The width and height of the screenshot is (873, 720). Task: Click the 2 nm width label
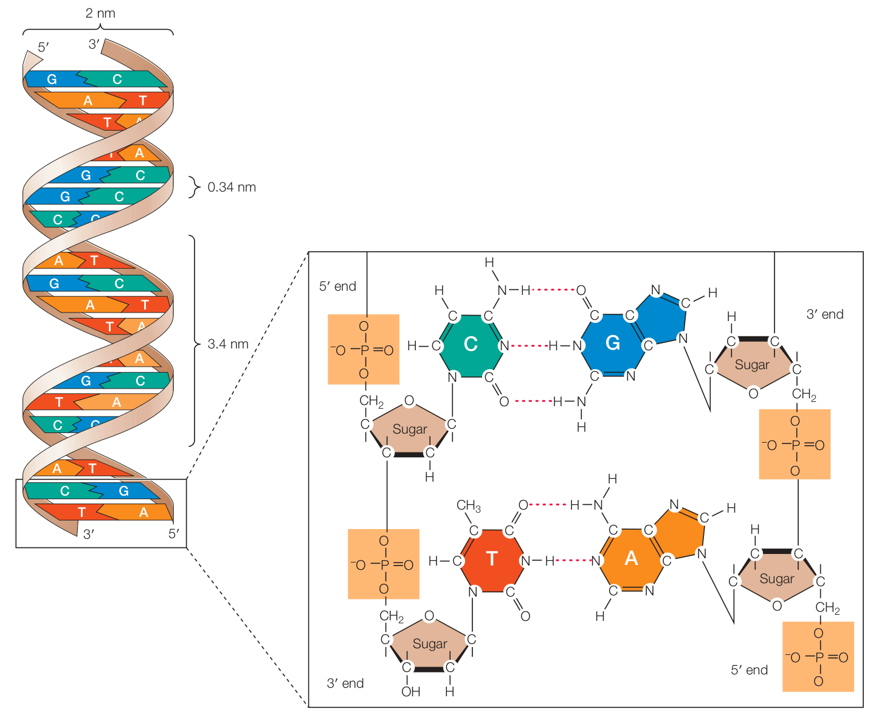100,13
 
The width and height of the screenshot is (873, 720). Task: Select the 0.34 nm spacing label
232,187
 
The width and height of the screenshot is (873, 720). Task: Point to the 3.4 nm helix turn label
228,344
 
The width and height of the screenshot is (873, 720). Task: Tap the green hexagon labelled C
471,344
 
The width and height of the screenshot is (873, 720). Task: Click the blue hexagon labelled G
612,344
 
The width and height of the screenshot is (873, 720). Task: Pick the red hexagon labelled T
491,559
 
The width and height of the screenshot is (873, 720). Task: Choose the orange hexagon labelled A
631,558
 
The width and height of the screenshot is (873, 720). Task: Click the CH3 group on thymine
468,506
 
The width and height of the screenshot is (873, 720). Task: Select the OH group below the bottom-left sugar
410,691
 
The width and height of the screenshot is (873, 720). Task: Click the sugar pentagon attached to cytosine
409,429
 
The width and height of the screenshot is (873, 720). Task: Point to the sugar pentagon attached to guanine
752,365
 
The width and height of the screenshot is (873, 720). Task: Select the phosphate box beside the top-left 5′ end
364,350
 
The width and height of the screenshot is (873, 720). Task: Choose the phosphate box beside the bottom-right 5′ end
818,657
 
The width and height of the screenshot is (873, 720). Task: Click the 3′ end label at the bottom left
345,684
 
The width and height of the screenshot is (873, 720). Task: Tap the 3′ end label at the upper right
825,314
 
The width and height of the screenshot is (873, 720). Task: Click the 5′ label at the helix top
43,47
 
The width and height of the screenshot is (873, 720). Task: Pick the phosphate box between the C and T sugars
384,564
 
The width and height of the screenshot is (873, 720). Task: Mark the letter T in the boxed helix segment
81,512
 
